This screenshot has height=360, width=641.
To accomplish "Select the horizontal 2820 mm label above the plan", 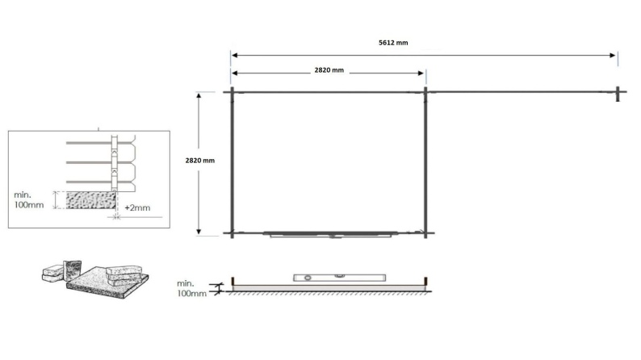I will pyautogui.click(x=329, y=71).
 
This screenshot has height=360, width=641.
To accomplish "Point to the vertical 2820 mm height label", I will pyautogui.click(x=200, y=161).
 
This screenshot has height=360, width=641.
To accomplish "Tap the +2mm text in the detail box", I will pyautogui.click(x=138, y=208).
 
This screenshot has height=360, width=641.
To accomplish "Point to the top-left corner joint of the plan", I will pyautogui.click(x=232, y=92).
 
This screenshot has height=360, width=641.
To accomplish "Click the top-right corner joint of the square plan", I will pyautogui.click(x=425, y=92).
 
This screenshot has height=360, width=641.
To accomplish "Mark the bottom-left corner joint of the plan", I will pyautogui.click(x=232, y=234).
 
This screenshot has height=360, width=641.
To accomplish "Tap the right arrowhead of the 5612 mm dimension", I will pyautogui.click(x=614, y=56).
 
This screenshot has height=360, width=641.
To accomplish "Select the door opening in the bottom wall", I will pyautogui.click(x=331, y=235).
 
